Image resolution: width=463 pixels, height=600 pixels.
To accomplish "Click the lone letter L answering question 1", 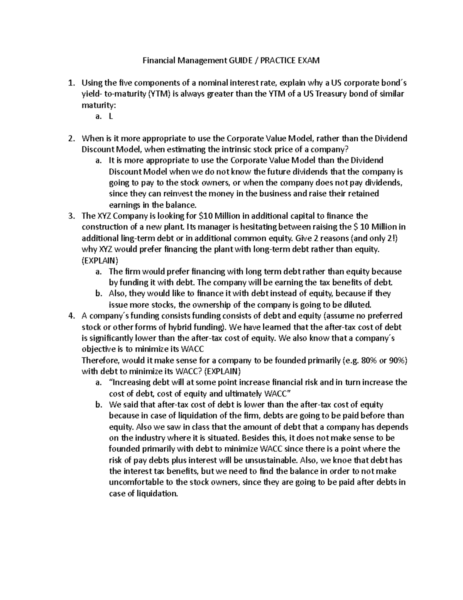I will (111, 116).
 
